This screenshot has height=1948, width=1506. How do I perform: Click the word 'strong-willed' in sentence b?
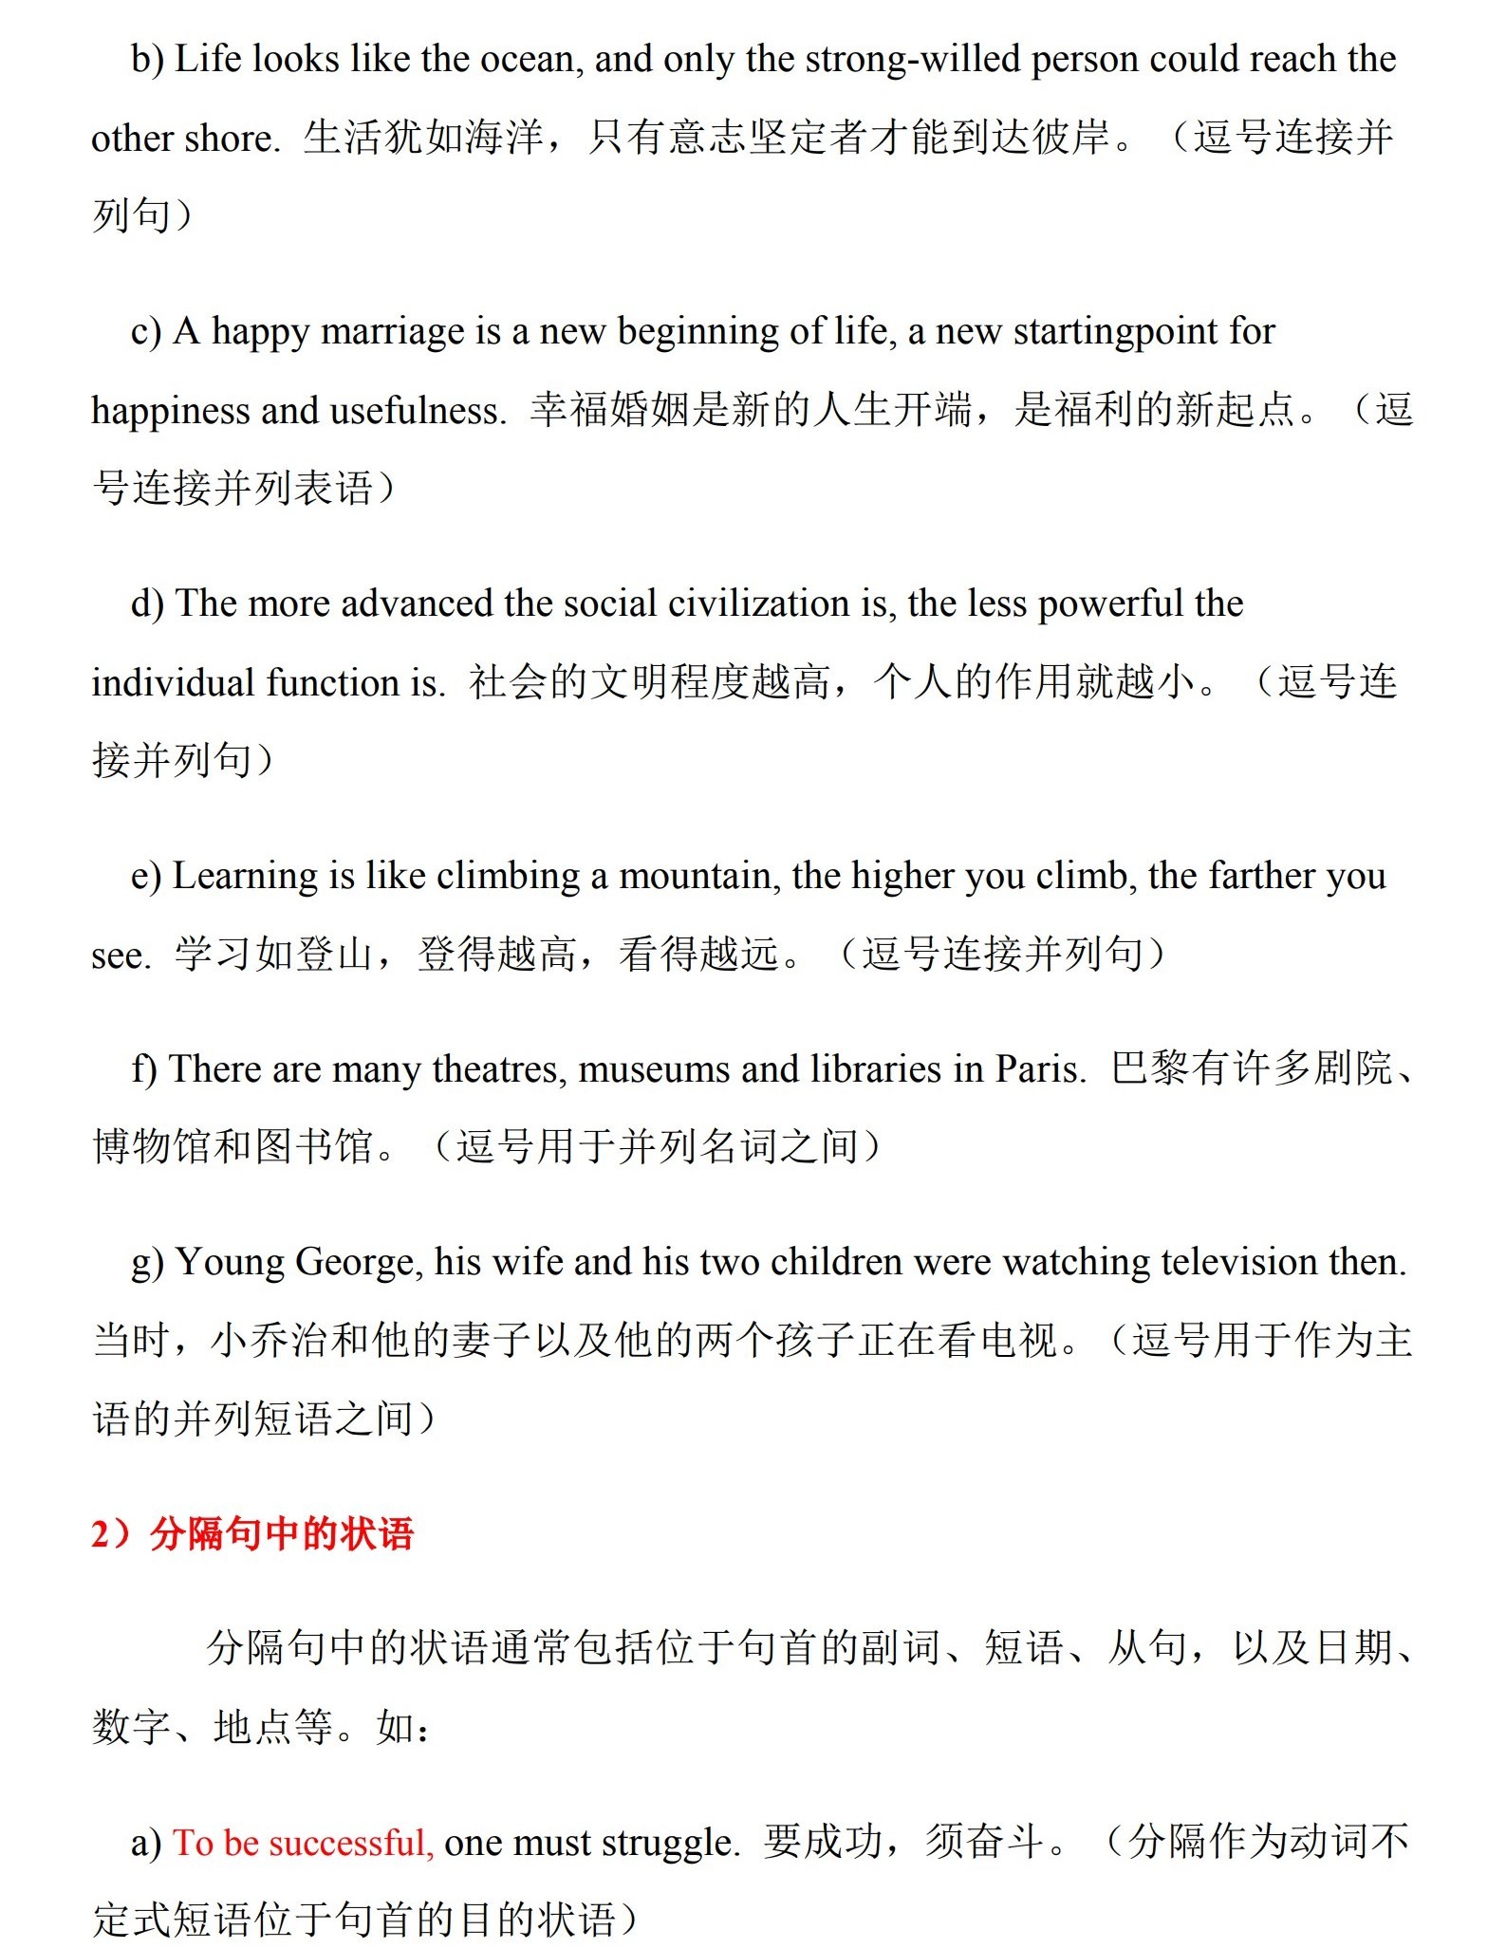912,60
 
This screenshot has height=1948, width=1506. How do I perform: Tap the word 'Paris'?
1038,1069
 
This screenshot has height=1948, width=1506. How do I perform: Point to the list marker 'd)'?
147,603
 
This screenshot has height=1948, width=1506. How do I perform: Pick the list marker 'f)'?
144,1069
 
